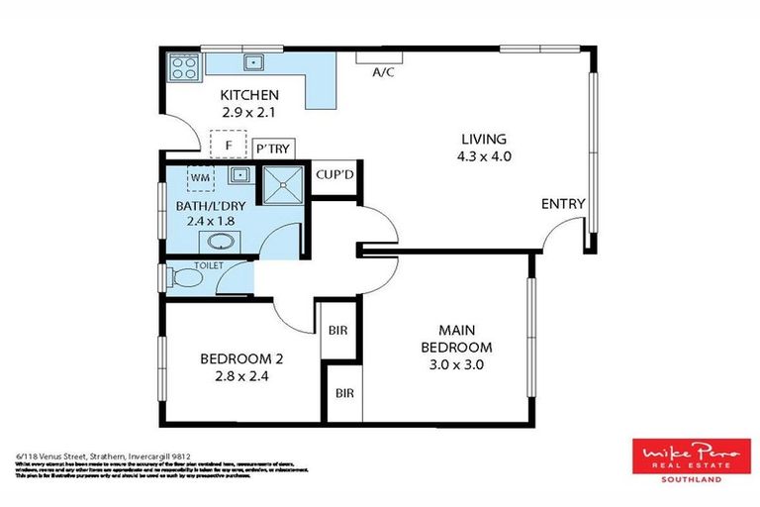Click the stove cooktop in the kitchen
(184, 66)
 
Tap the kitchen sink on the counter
(254, 62)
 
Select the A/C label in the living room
(383, 72)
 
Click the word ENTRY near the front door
(563, 204)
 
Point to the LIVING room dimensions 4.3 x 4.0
(484, 155)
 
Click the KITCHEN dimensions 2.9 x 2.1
(249, 112)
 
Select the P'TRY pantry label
(272, 148)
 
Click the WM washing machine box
(200, 178)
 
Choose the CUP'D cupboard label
(334, 174)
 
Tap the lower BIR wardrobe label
(344, 393)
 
